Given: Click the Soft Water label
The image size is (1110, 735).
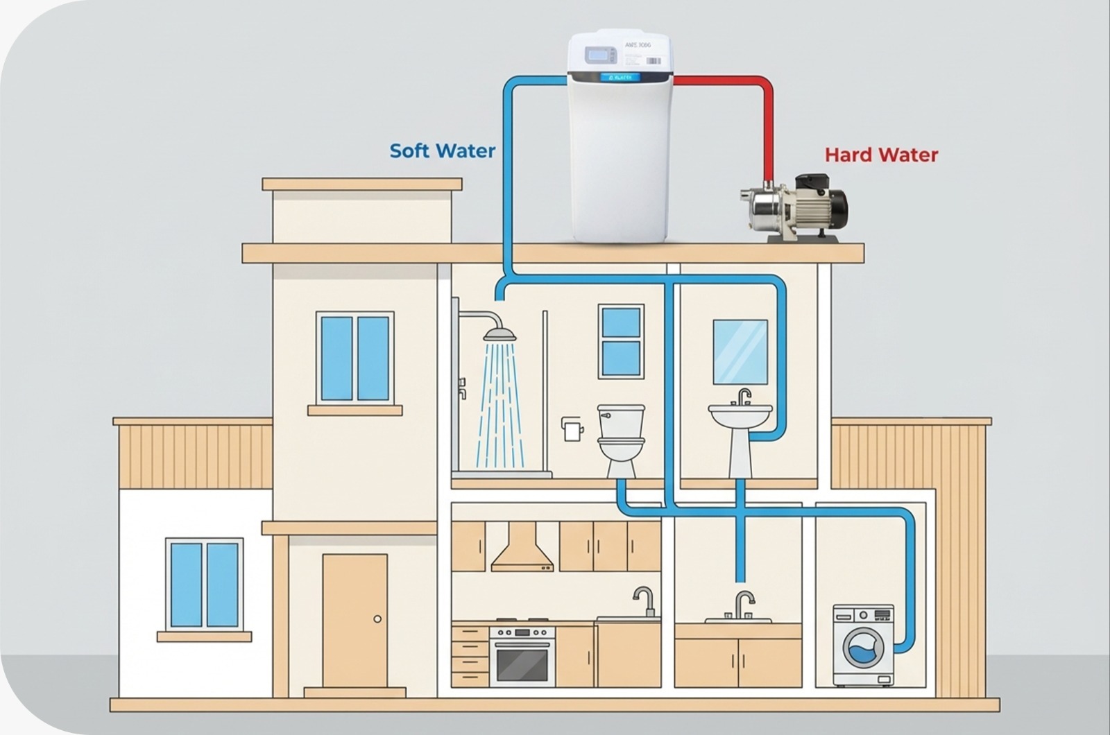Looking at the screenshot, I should tap(442, 150).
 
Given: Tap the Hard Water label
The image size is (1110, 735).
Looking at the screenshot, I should tap(881, 155).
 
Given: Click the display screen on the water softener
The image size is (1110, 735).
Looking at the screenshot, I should tap(599, 55).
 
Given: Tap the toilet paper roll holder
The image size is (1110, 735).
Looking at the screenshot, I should tap(572, 429).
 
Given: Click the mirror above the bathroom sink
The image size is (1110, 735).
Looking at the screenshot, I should tap(740, 352).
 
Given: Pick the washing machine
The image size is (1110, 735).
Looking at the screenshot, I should tap(863, 645).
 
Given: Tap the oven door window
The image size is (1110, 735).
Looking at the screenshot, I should tap(522, 664).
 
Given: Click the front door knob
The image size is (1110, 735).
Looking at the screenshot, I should tap(377, 619).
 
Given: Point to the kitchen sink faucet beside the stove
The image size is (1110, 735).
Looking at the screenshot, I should tap(645, 599).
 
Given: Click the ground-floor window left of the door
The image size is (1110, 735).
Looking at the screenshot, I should tap(205, 585).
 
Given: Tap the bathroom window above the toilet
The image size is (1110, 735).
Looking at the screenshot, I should tap(621, 341).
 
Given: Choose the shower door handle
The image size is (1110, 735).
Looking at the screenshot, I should tap(461, 388).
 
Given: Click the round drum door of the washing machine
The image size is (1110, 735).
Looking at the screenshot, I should tap(864, 649).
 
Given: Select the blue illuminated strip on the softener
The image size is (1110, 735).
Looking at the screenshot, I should tap(620, 77).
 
